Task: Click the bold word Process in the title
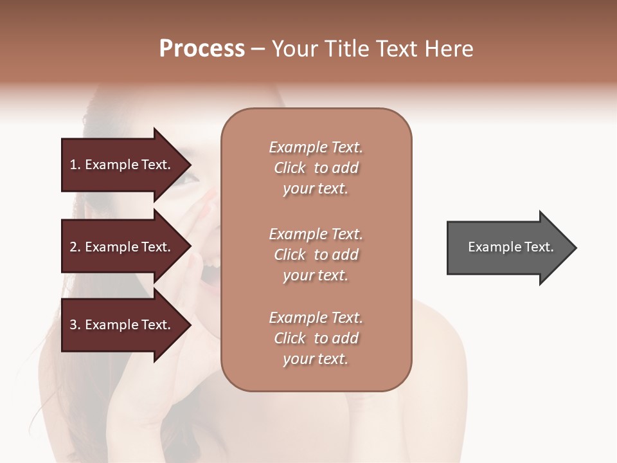(202, 49)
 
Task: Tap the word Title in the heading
(342, 49)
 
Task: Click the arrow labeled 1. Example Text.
(122, 165)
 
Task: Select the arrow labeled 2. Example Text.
(122, 247)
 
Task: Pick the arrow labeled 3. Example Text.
(122, 325)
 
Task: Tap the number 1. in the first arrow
(75, 165)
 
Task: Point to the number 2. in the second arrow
(75, 247)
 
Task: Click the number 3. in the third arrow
(75, 325)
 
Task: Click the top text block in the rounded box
(316, 168)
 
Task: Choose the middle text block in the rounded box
(316, 255)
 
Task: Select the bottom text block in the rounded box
(316, 338)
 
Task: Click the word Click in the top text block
(290, 168)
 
